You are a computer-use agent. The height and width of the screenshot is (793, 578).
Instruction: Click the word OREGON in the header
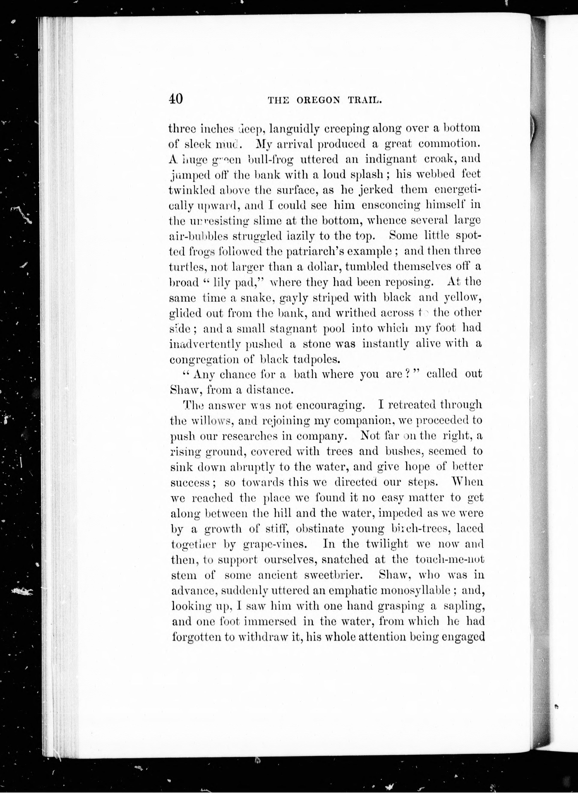(x=318, y=100)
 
